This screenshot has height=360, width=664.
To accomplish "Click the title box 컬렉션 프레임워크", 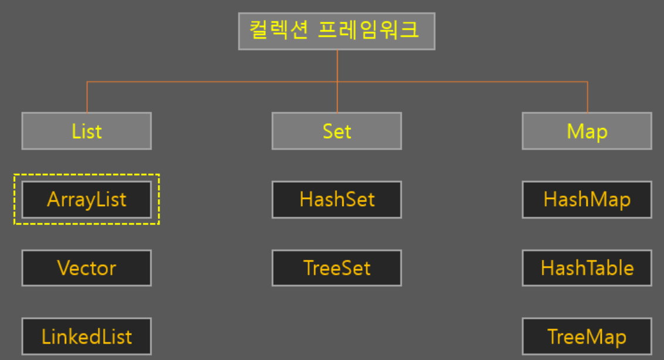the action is click(x=336, y=31).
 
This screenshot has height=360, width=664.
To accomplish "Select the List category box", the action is click(x=86, y=131).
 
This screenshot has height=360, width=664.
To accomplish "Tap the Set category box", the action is click(x=336, y=131).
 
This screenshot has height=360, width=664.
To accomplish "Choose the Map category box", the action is click(x=587, y=131).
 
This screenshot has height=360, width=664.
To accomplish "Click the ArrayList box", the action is click(x=86, y=200).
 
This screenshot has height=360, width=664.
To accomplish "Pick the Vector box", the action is click(x=86, y=268).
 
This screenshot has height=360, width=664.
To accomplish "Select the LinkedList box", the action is click(x=86, y=337).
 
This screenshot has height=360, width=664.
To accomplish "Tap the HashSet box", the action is click(x=336, y=200).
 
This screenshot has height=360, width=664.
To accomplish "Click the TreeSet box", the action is click(x=336, y=268).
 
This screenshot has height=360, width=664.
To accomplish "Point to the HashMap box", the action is click(x=587, y=200).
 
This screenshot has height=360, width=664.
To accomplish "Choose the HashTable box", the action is click(x=587, y=268).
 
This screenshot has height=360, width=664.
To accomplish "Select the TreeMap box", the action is click(x=587, y=337).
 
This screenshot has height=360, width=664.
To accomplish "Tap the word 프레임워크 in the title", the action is click(x=368, y=30).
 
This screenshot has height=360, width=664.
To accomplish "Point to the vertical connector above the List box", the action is click(x=87, y=97).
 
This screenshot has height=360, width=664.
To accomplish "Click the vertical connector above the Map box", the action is click(x=587, y=97).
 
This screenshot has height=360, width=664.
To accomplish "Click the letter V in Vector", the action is click(x=63, y=268).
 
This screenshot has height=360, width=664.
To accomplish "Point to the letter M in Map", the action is click(x=575, y=131).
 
